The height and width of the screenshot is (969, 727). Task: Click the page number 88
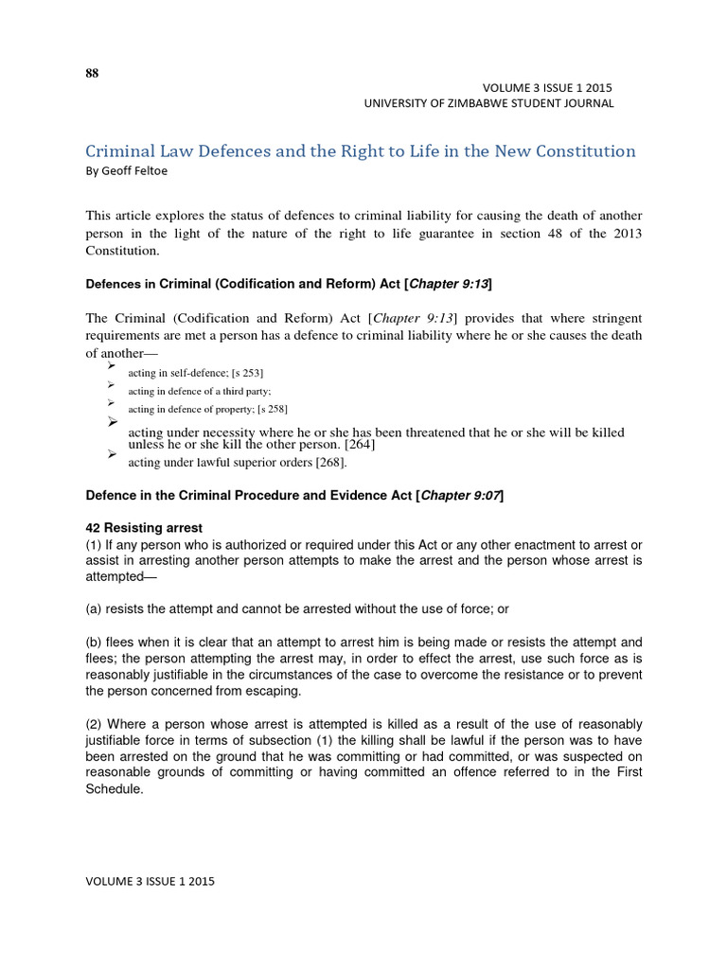(x=92, y=74)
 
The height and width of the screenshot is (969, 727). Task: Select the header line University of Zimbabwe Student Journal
(x=488, y=103)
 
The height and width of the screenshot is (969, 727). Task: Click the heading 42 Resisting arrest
(x=144, y=527)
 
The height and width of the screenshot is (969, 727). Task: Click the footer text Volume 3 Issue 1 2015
(x=151, y=881)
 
